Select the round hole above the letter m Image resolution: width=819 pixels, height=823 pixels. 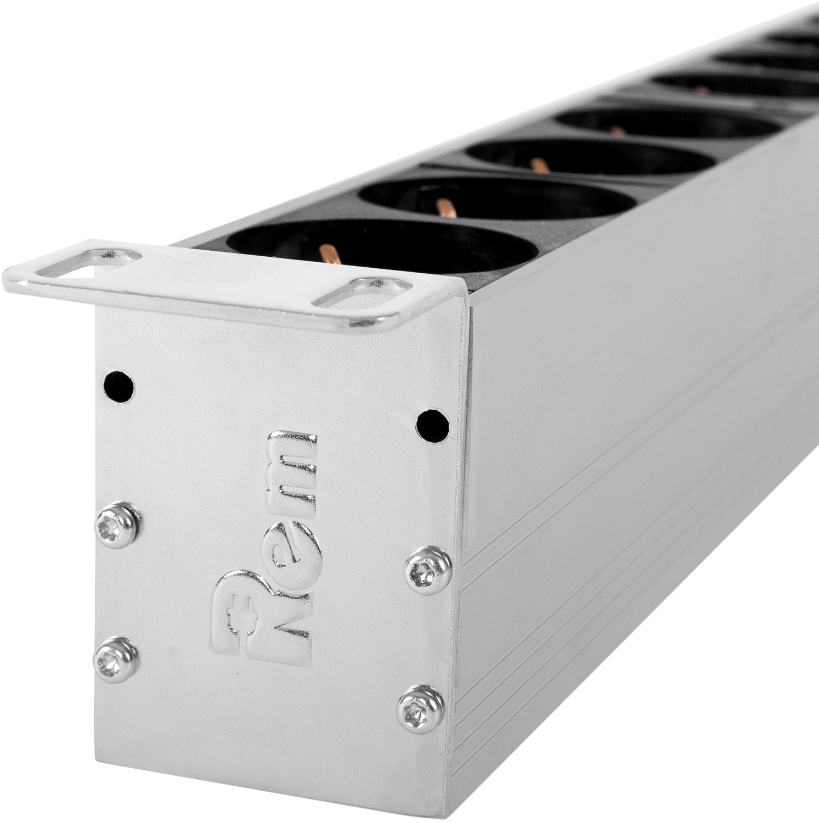[431, 423]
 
